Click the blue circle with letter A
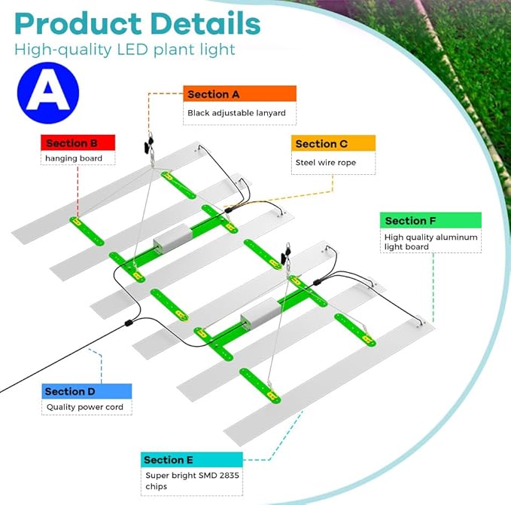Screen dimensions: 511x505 point(48,93)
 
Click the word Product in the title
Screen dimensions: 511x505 point(78,24)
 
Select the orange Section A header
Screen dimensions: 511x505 point(239,93)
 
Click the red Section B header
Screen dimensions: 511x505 point(78,142)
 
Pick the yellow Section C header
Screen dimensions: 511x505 point(333,143)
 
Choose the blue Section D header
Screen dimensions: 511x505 point(87,391)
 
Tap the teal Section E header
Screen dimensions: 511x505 point(192,460)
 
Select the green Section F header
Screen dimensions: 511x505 point(430,220)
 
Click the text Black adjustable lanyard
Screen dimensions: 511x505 point(236,113)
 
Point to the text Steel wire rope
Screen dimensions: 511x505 point(326,163)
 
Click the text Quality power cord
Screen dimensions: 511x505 point(85,407)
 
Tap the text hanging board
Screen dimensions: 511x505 point(74,158)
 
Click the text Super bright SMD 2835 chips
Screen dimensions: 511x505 point(192,481)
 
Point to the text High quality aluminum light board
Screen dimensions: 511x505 point(430,241)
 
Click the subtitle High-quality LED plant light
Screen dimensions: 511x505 point(124,50)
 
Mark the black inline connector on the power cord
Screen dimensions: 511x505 point(129,323)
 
